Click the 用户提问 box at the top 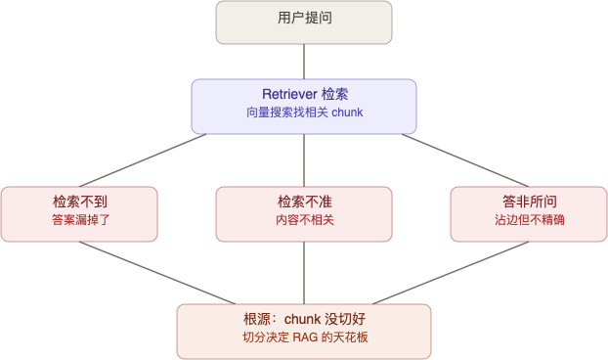303,22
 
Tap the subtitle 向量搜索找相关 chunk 303,113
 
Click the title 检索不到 79,202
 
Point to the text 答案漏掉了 79,221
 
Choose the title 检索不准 304,202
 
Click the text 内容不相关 304,221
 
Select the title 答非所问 529,202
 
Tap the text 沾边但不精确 529,221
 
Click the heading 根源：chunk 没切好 303,320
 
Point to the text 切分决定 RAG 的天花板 303,338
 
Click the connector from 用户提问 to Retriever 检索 304,61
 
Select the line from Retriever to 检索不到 143,160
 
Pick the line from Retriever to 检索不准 304,160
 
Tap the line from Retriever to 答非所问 465,160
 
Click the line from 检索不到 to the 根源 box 156,272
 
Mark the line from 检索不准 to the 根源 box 304,272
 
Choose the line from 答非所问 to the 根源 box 452,272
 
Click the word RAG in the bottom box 306,338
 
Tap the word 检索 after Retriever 334,95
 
